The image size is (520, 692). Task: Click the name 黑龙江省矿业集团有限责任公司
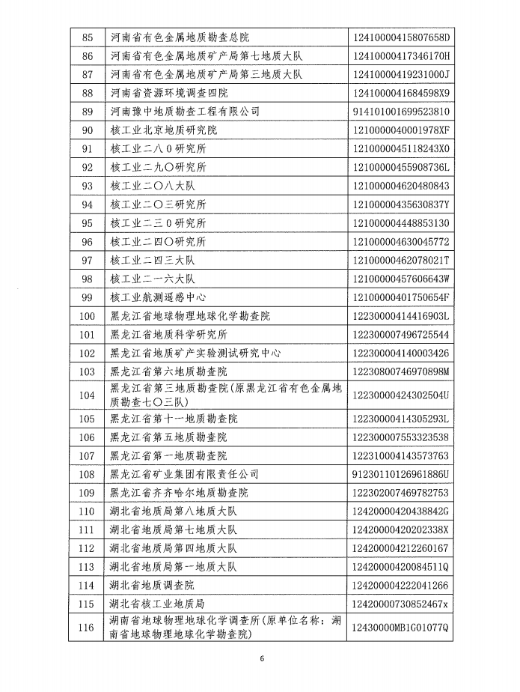[184, 474]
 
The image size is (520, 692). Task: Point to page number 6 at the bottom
[262, 659]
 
